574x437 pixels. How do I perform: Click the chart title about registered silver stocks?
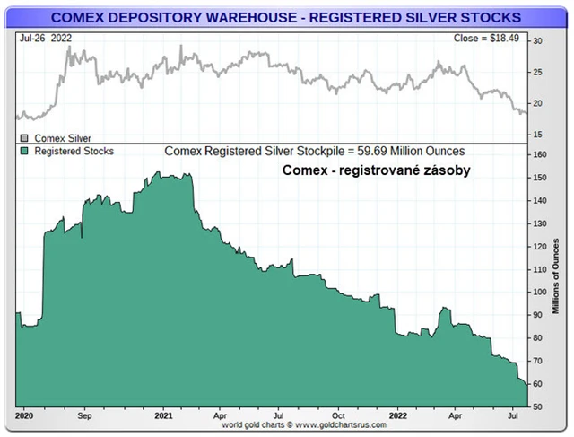tap(284, 16)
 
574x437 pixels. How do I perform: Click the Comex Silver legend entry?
tap(60, 138)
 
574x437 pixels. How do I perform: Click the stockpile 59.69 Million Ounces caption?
tap(314, 152)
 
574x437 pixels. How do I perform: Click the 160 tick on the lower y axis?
tap(538, 154)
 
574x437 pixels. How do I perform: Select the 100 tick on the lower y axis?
tap(538, 293)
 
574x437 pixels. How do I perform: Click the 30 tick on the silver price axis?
tap(536, 41)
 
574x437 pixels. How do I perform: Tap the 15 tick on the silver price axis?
tap(536, 135)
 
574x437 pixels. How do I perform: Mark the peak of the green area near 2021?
tap(161, 174)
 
